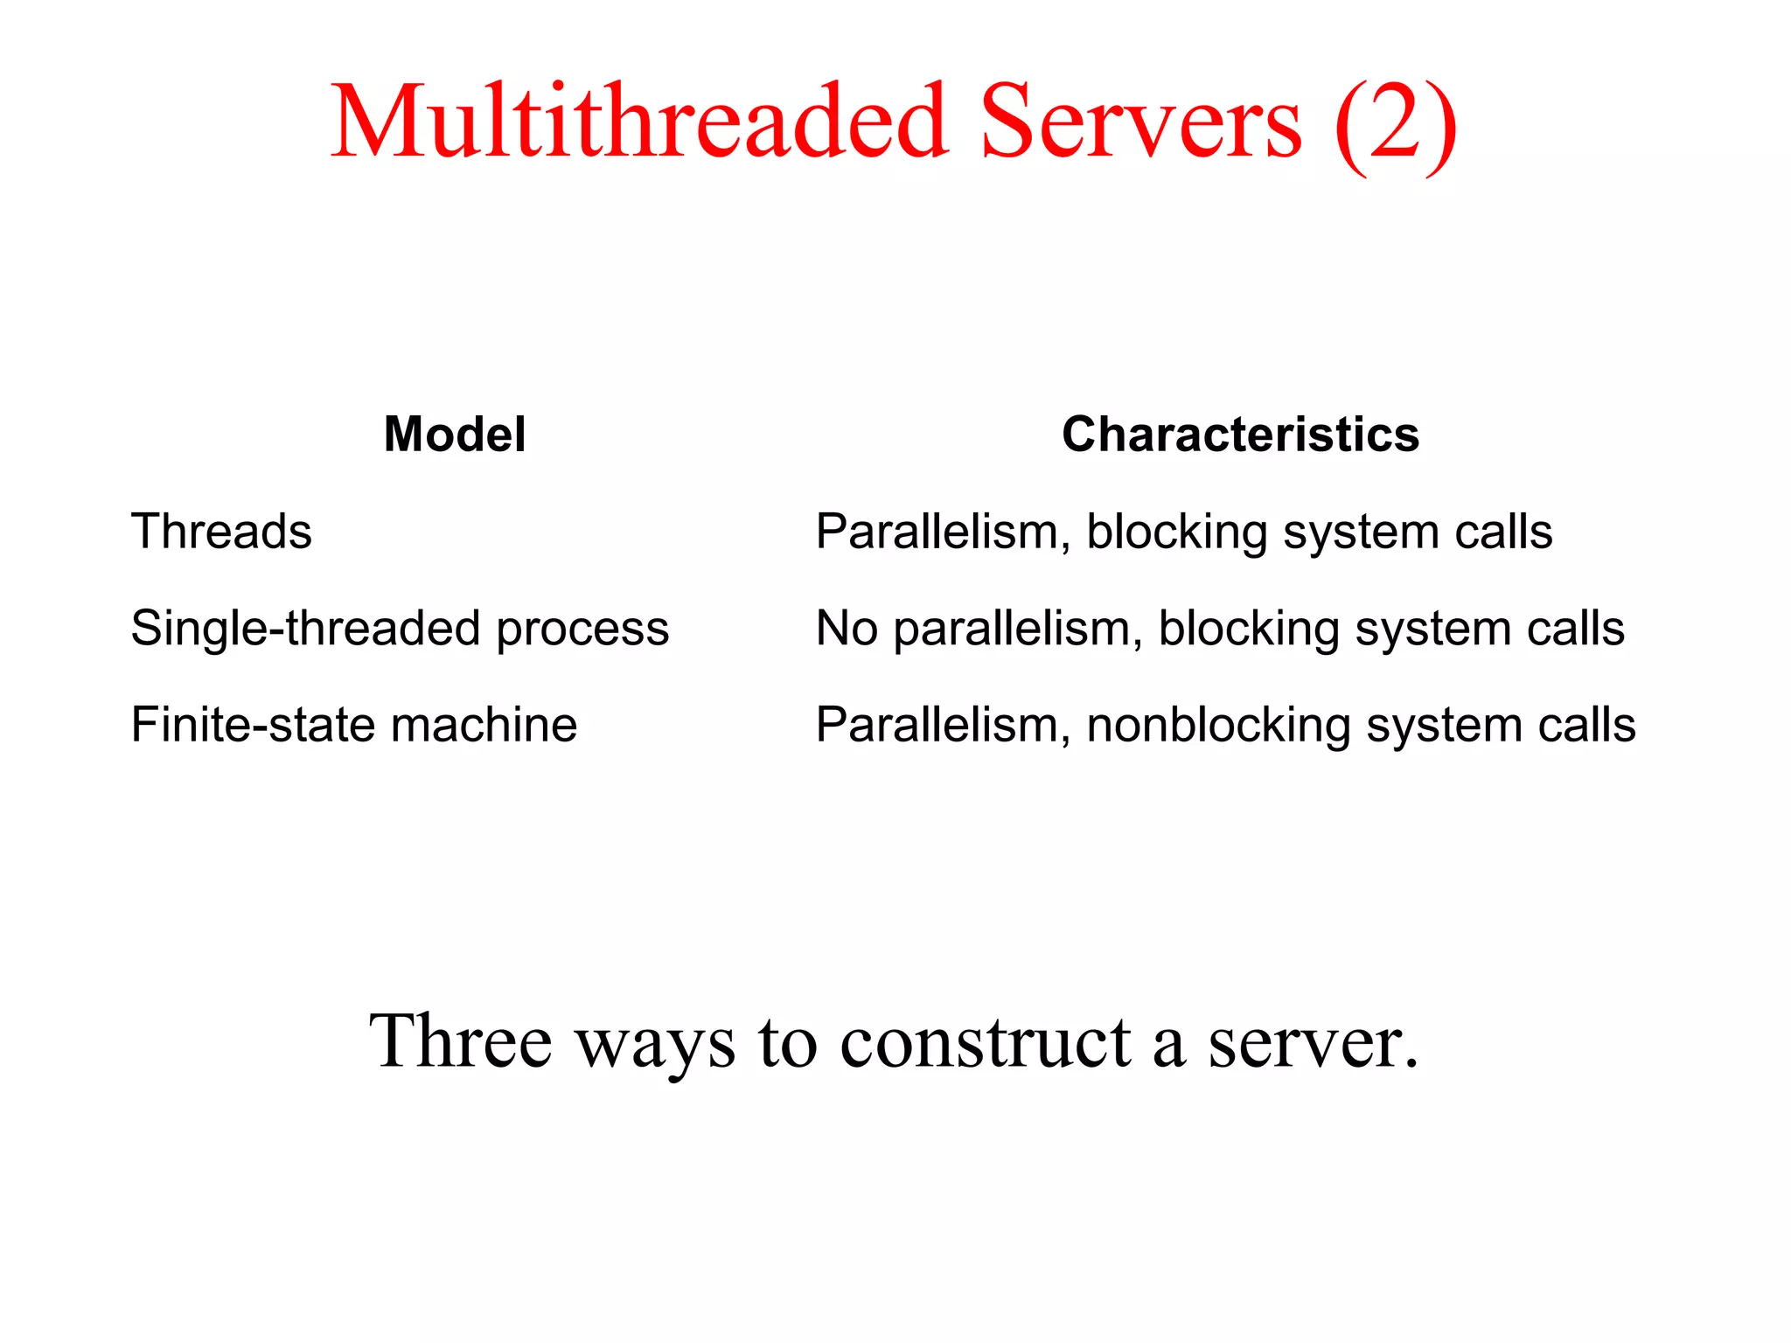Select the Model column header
click(455, 435)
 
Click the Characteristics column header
click(1240, 435)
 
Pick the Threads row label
click(221, 532)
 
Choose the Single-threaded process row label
click(400, 629)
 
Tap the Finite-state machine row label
click(354, 725)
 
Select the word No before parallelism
click(847, 629)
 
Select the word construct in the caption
click(986, 1042)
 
